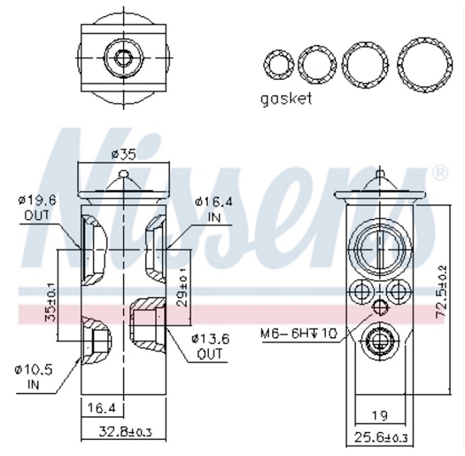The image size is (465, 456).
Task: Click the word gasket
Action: [x=286, y=99]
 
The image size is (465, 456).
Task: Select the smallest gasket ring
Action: [x=276, y=64]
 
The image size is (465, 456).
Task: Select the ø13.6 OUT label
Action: [x=210, y=346]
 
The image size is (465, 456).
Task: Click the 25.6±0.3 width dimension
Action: [x=380, y=438]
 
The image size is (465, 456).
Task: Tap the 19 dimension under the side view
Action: [x=381, y=415]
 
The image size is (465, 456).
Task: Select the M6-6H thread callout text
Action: [x=300, y=333]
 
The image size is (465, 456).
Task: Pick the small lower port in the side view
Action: [x=380, y=340]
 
